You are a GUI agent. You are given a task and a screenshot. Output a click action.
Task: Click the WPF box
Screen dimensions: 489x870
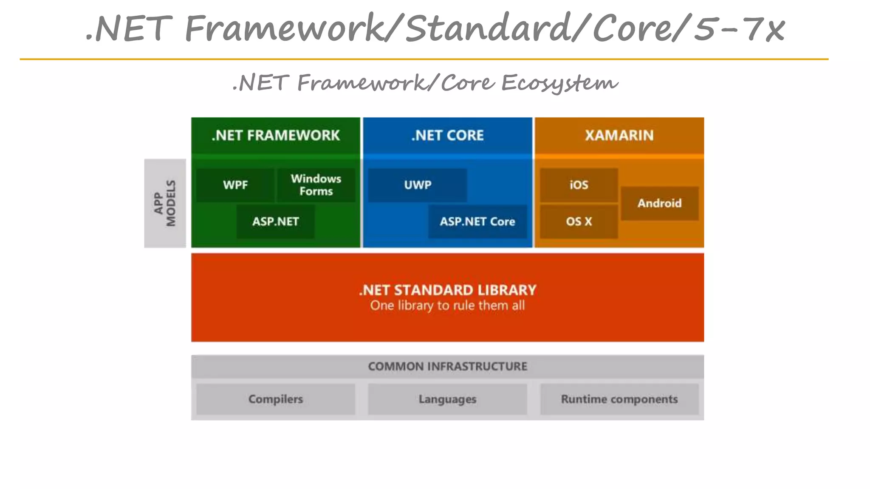click(x=235, y=185)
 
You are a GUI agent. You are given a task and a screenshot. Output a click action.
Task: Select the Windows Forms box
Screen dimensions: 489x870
click(x=316, y=185)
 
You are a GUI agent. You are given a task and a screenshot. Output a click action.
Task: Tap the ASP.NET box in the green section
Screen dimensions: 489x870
click(x=275, y=222)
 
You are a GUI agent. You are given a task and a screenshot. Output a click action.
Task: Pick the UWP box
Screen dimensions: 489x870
click(x=418, y=185)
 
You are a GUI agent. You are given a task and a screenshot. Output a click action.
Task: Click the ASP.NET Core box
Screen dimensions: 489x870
click(x=477, y=222)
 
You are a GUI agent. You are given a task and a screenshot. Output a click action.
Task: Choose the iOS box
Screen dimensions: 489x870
click(x=579, y=185)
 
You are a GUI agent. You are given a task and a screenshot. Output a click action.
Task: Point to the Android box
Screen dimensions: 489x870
click(x=659, y=203)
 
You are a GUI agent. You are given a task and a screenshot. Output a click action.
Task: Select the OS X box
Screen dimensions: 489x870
click(x=579, y=222)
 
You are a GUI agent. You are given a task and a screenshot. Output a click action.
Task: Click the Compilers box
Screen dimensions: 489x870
click(x=275, y=399)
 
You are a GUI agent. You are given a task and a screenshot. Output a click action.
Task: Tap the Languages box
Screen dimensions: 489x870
click(x=447, y=399)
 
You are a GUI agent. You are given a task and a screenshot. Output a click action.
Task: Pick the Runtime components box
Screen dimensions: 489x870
click(x=619, y=399)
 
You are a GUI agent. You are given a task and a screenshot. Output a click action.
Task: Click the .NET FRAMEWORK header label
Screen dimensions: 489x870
click(x=276, y=135)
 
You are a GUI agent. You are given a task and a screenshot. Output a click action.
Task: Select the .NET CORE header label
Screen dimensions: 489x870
click(x=447, y=135)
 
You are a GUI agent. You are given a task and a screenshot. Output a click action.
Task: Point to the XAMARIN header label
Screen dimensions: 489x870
click(x=619, y=135)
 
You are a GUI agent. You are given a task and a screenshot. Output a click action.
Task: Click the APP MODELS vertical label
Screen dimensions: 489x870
click(x=165, y=203)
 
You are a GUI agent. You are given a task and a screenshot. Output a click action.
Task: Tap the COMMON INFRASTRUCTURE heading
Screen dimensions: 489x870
click(x=447, y=366)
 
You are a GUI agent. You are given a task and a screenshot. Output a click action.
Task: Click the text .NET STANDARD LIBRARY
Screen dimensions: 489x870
click(x=447, y=290)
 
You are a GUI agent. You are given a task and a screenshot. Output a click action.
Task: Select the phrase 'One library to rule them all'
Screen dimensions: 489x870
click(x=447, y=306)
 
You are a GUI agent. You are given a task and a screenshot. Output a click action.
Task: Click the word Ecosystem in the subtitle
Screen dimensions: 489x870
click(x=559, y=82)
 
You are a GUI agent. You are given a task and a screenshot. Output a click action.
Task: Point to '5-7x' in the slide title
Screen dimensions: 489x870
click(x=740, y=29)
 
